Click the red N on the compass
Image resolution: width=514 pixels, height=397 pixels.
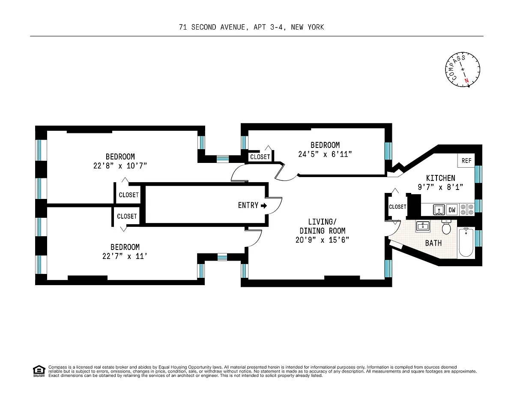(466, 81)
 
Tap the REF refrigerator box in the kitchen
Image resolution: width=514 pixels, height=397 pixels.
(466, 161)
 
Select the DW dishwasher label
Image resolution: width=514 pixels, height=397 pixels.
(452, 210)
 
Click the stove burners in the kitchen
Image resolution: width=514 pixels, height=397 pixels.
(467, 210)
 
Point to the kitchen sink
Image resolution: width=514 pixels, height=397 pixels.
(439, 210)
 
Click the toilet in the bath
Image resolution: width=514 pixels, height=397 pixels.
(446, 227)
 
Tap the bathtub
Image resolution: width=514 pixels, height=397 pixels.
(466, 242)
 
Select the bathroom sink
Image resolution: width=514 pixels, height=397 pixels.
(423, 226)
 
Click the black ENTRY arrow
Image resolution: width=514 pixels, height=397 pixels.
(264, 206)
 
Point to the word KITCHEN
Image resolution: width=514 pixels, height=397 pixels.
(440, 178)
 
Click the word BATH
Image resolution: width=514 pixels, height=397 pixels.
(433, 243)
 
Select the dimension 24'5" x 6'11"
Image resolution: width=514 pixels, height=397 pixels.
(325, 154)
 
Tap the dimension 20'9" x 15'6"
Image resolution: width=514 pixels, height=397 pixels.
(322, 240)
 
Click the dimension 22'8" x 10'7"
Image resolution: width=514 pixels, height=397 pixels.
(120, 166)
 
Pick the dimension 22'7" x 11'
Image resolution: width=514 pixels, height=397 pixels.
(125, 256)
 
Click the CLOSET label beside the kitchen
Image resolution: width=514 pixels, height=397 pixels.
(397, 207)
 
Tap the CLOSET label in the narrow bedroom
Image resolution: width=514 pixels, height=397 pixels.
(260, 157)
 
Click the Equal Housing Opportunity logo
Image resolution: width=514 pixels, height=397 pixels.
(39, 371)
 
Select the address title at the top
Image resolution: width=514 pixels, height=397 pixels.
(251, 27)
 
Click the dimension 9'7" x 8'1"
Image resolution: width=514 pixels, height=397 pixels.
(440, 187)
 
